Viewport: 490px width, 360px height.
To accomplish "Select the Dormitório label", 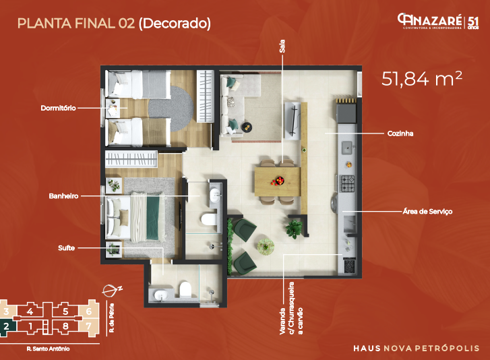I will point(59,107).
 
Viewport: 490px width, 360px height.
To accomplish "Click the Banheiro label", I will point(63,196).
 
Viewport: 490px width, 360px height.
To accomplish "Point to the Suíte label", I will point(67,248).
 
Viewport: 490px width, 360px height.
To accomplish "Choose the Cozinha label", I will point(400,133).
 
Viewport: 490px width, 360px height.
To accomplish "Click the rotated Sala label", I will point(282,47).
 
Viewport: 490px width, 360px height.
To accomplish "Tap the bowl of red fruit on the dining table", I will point(277,180).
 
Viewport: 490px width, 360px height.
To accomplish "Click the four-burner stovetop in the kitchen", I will point(348,182).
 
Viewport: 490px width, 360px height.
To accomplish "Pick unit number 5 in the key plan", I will point(65,311).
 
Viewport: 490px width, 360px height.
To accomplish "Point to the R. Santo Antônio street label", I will point(48,349).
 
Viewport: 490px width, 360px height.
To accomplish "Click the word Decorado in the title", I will point(175,24).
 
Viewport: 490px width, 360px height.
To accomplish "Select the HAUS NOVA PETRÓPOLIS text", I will point(417,348).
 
